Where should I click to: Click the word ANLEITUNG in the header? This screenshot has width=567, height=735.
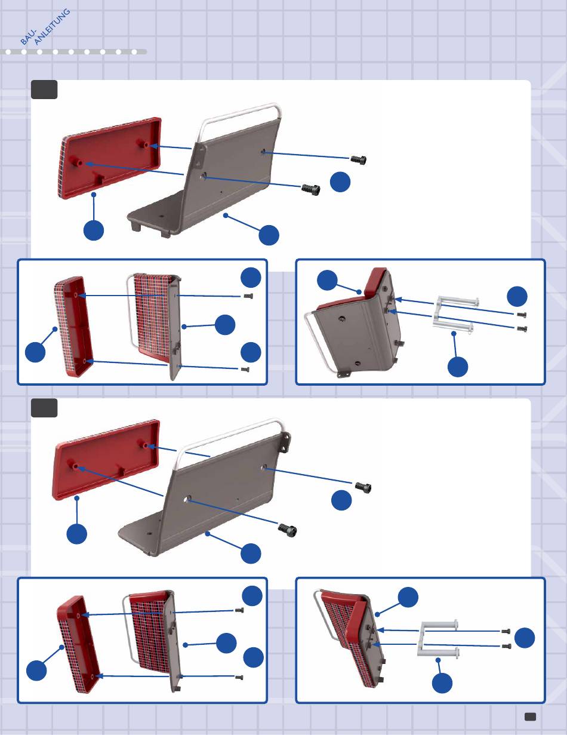tap(53, 27)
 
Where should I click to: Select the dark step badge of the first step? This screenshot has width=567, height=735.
tap(44, 90)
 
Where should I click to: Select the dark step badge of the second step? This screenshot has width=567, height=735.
tap(44, 408)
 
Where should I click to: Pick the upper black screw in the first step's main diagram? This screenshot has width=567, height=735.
tap(358, 159)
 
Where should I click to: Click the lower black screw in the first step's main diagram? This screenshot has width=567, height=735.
tap(311, 189)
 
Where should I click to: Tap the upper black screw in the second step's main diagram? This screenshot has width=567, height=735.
tap(363, 487)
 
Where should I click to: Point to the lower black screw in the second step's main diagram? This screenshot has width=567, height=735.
tap(288, 530)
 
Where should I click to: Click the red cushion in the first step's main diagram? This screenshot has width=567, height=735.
tap(110, 158)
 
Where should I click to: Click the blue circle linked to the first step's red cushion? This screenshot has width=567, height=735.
tap(94, 230)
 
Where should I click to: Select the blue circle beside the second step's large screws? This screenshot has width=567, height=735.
tap(341, 500)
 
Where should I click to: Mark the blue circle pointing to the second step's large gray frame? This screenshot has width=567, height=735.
tap(251, 553)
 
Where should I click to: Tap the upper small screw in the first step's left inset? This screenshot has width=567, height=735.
tap(248, 296)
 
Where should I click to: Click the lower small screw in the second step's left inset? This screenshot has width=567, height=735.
tap(239, 678)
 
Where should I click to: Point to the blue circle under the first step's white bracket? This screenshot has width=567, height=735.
tap(458, 367)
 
